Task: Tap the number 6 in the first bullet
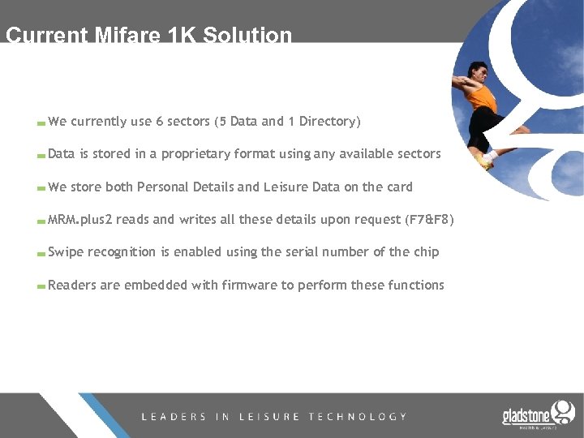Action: (x=160, y=122)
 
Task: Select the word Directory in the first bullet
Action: (x=329, y=122)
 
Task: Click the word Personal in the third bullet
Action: (x=164, y=187)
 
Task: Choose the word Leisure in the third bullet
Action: (x=286, y=187)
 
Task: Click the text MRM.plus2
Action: (x=80, y=220)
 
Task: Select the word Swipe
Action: (x=66, y=252)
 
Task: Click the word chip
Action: (x=425, y=252)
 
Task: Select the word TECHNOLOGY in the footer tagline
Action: (x=358, y=417)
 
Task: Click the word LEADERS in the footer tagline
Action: (x=174, y=417)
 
